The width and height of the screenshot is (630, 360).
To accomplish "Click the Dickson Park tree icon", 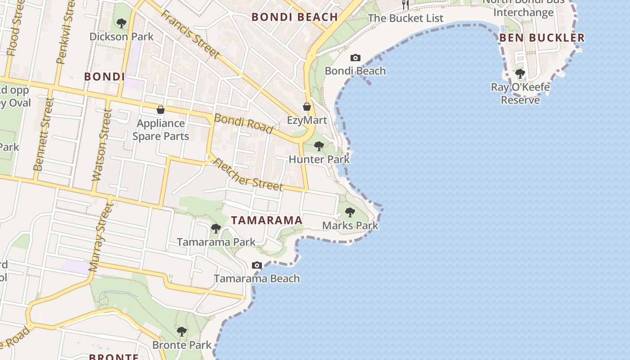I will (121, 23).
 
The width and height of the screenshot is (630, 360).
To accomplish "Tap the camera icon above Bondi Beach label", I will (355, 58).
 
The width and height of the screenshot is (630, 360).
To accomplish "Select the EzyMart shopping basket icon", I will (307, 107).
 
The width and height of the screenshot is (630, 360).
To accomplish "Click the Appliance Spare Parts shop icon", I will (160, 110).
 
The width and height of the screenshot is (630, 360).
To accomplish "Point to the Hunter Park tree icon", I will (319, 146).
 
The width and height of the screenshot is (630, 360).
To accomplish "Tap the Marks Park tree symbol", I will (350, 212).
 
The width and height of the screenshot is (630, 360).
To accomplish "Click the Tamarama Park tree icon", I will (216, 229).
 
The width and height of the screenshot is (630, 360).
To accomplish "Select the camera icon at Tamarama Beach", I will (257, 265).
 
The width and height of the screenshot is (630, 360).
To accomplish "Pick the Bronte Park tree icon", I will (182, 332).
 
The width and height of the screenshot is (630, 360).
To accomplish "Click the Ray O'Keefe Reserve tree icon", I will (520, 73).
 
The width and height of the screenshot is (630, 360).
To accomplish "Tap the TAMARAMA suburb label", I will (266, 220).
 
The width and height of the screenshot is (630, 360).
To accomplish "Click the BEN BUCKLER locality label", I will (542, 38).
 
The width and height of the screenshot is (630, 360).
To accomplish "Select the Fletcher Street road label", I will (247, 174).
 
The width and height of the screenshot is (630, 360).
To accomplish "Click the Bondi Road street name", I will (243, 124).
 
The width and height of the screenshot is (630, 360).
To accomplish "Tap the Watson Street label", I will (101, 145).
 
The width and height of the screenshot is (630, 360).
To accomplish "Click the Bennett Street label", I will (43, 134).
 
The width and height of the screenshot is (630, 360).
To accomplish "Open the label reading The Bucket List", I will (405, 18).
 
